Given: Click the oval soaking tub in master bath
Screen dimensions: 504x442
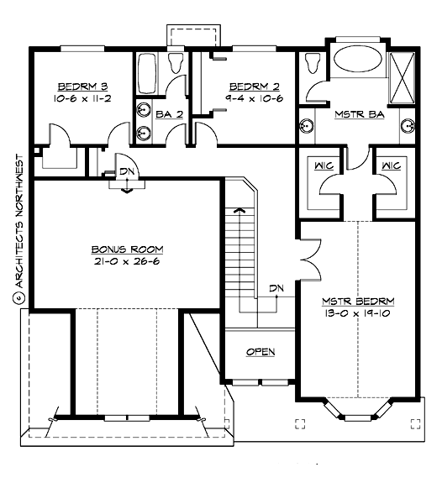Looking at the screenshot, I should (356, 62).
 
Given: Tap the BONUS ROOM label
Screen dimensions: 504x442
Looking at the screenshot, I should (127, 249).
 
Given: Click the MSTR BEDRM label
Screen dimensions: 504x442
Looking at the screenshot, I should (359, 301).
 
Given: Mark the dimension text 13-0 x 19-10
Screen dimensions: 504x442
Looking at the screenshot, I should (359, 312).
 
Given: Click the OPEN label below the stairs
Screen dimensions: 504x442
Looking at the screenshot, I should (260, 352).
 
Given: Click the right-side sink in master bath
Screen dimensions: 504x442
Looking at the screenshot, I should (408, 127).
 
